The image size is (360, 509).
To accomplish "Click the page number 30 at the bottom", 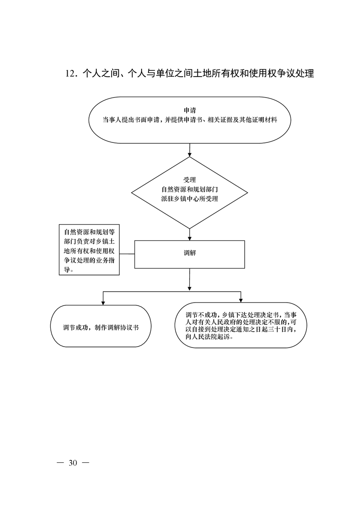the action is click(x=73, y=463).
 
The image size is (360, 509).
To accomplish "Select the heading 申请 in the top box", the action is click(x=190, y=110).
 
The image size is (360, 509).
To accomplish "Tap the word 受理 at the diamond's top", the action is click(x=190, y=180).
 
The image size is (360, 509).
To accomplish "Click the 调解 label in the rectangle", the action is click(x=190, y=253).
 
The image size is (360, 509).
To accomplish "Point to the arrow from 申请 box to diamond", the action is click(x=190, y=150).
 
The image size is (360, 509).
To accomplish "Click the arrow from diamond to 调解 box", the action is click(x=190, y=234).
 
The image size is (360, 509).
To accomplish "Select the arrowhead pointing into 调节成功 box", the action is click(x=104, y=303).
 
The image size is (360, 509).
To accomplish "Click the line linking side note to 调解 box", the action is click(x=127, y=254).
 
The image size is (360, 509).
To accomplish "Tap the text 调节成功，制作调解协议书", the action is click(x=101, y=328).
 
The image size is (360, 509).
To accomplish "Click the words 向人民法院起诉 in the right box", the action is click(x=207, y=337).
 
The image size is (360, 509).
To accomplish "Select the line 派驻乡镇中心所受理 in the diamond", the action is click(x=190, y=199).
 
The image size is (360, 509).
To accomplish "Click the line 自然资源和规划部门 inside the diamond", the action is click(x=190, y=189).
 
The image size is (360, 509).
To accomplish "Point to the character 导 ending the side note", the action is click(x=67, y=270).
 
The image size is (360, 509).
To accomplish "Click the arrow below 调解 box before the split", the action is click(x=190, y=279).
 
